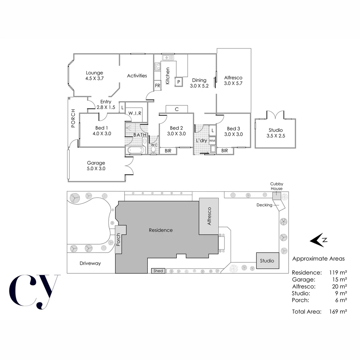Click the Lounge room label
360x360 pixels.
(x=94, y=73)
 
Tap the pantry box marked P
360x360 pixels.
(x=179, y=82)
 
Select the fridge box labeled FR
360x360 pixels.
(x=158, y=85)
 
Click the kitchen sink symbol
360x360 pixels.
(x=169, y=58)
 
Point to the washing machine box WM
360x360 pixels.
(x=212, y=140)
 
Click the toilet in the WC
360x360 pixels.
(x=153, y=149)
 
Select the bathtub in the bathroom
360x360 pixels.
(x=135, y=150)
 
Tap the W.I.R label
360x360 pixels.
(x=135, y=113)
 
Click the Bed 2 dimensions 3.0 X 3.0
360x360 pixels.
(x=176, y=134)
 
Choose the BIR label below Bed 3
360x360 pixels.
(x=225, y=151)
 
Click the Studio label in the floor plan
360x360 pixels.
(x=275, y=130)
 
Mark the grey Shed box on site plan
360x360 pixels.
(x=158, y=271)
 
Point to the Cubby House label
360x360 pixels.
(x=276, y=186)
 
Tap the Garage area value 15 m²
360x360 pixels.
(x=339, y=279)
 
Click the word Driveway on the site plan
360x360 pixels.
(x=90, y=263)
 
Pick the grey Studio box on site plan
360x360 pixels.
(x=267, y=260)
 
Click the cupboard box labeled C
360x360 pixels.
(x=177, y=109)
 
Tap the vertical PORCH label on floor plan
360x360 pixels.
(x=73, y=119)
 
